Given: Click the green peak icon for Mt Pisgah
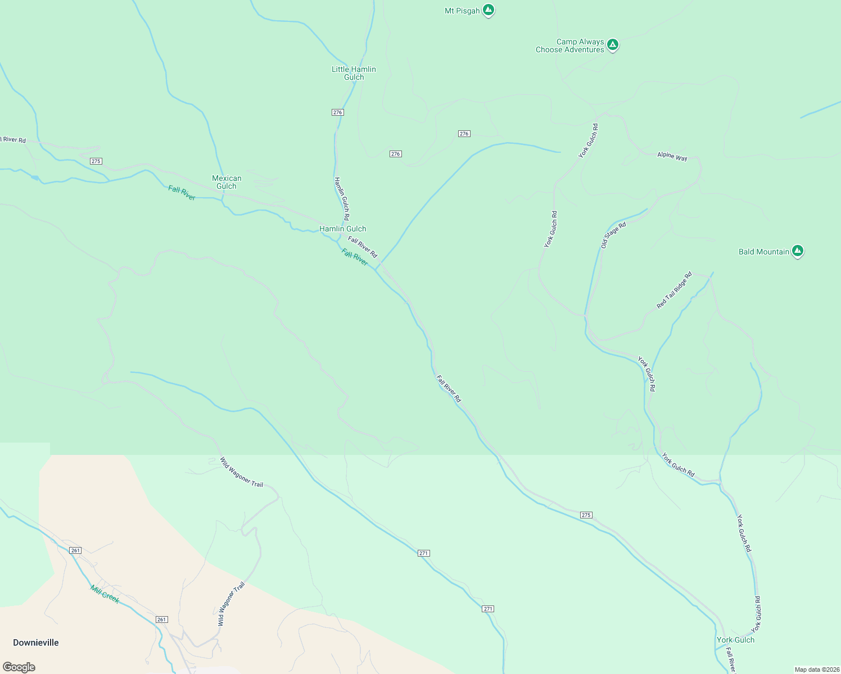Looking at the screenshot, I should click(489, 10).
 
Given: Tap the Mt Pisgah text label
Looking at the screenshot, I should click(462, 11).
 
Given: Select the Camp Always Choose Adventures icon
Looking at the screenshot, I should click(613, 44).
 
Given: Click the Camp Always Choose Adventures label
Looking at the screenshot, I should click(570, 45).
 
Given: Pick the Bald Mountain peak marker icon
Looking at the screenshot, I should click(797, 251).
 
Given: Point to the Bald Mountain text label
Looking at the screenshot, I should click(763, 252).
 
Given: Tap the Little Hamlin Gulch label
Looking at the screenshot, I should click(354, 73).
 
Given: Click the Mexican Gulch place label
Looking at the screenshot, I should click(227, 182).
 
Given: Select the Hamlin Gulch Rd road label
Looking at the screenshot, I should click(342, 198).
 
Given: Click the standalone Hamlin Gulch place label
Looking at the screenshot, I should click(342, 229).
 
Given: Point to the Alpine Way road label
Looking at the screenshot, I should click(672, 157).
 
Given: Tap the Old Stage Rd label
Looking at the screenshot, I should click(613, 235).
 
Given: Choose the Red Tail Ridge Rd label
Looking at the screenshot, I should click(674, 290).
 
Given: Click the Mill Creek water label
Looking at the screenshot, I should click(105, 594).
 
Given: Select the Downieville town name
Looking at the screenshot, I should click(36, 643).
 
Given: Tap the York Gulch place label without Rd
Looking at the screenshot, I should click(735, 640).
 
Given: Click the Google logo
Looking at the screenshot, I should click(19, 667).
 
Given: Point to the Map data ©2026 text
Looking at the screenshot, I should click(816, 670).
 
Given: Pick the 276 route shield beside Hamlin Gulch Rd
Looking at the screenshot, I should click(337, 112).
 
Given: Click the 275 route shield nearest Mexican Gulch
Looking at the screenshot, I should click(96, 161).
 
